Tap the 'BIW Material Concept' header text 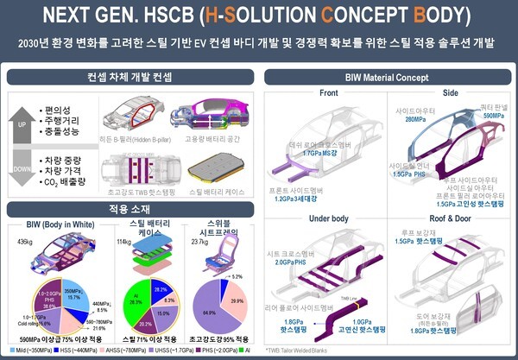[x=387, y=76]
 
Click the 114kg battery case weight [x=128, y=243]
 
